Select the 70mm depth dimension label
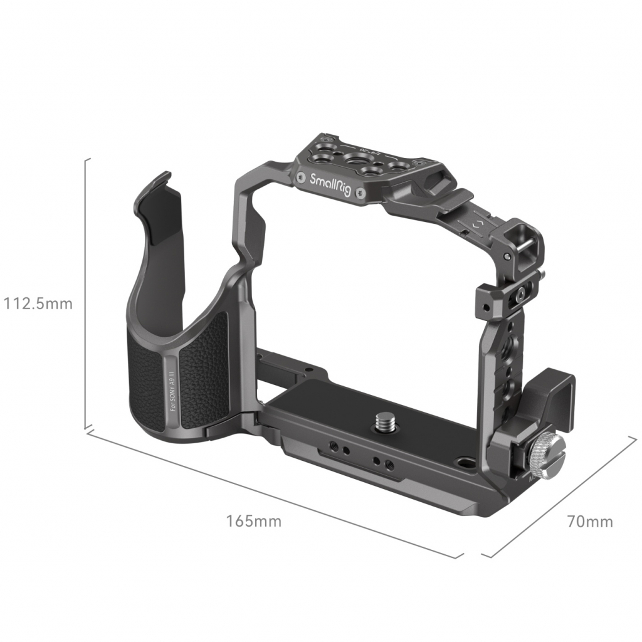[589, 521]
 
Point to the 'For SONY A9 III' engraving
[172, 388]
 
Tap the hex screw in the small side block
[521, 292]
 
